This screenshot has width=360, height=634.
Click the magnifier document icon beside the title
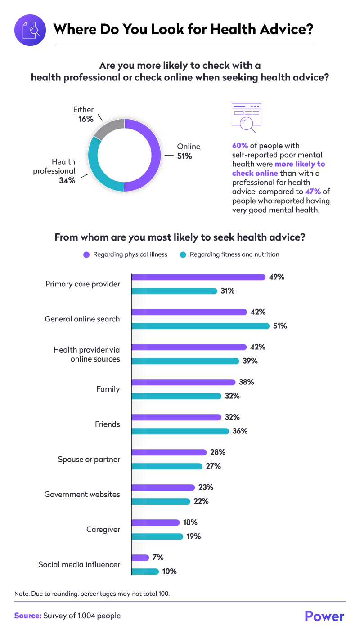click(30, 30)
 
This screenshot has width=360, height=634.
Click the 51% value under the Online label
click(184, 156)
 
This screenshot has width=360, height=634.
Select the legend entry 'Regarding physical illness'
click(126, 254)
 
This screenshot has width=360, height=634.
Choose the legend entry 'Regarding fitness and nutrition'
click(229, 254)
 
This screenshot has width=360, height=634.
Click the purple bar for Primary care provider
click(198, 277)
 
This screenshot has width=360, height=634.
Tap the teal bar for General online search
click(200, 326)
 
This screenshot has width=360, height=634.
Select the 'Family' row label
click(108, 389)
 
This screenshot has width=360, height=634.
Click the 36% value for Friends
click(240, 431)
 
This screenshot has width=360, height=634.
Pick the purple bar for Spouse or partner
click(169, 452)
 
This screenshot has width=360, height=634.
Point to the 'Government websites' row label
click(82, 494)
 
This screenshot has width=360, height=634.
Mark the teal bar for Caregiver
click(157, 536)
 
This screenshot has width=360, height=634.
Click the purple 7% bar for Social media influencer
click(140, 558)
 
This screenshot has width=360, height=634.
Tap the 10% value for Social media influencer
click(170, 571)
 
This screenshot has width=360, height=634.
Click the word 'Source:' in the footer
click(27, 616)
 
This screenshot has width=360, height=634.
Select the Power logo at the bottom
click(324, 616)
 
